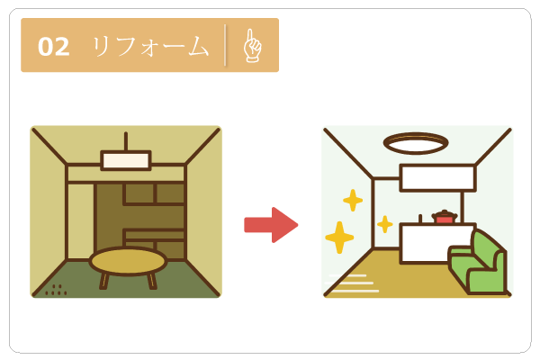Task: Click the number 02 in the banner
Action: coord(54,46)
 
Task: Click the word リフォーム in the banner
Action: coord(149,46)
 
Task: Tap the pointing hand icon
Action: coord(252,45)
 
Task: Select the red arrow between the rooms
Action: coord(271,225)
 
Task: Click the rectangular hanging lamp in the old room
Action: coord(126,160)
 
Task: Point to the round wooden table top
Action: coord(128,261)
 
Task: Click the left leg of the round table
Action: coord(104,280)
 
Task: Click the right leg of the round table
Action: coord(151,280)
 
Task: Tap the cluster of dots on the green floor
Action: coord(56,290)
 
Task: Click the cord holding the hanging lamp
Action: coord(126,141)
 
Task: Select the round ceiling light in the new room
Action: coord(416,143)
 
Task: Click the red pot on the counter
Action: coord(445,217)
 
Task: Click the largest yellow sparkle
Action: coord(339,238)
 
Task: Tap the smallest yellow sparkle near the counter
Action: coord(385,224)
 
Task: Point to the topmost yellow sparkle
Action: coord(353,200)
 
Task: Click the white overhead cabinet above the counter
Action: coord(437,177)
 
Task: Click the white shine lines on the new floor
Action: coord(353,283)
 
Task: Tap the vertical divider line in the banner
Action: coord(226,45)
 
